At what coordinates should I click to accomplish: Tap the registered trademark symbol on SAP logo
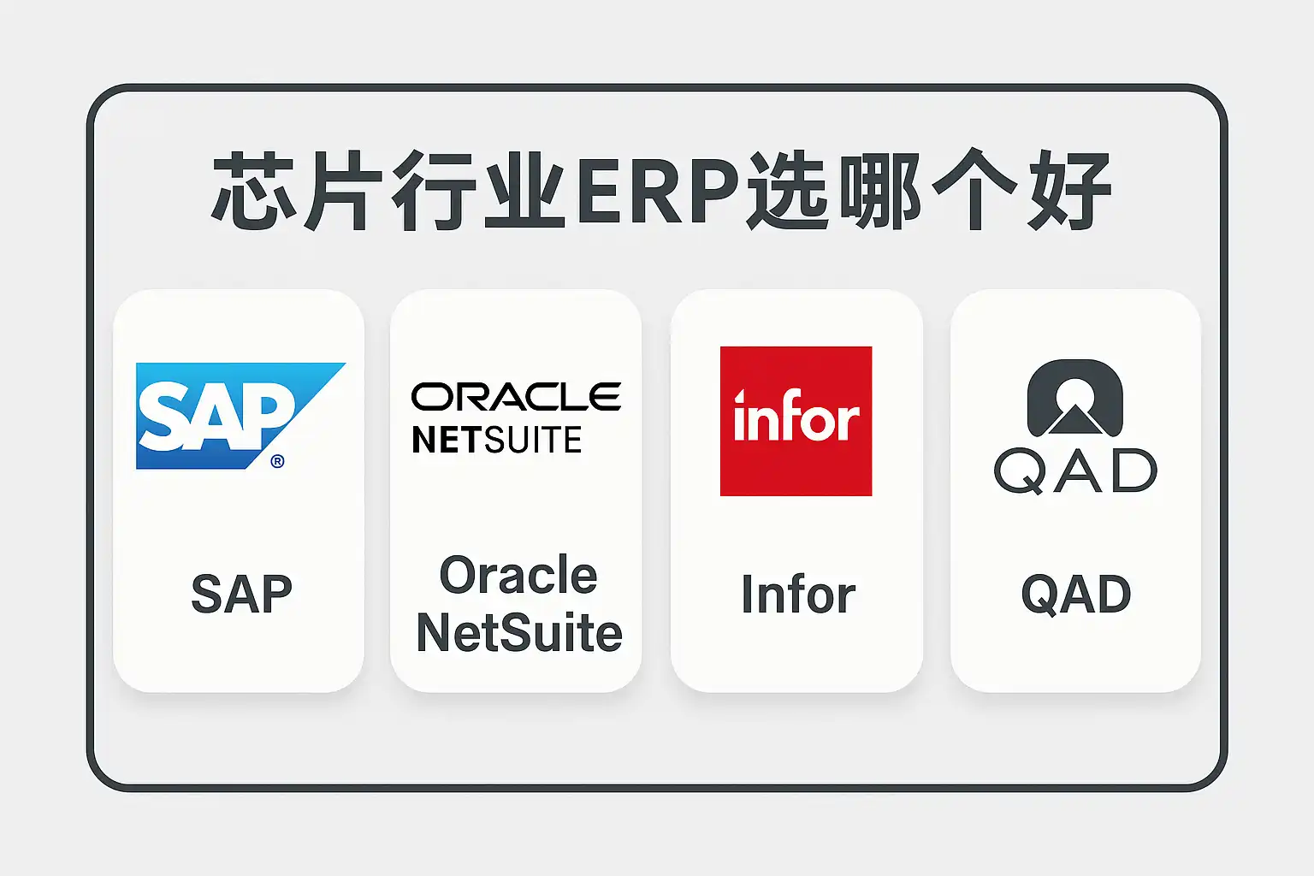coord(277,461)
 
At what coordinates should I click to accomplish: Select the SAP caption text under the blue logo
coord(242,594)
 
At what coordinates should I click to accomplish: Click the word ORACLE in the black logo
coord(516,397)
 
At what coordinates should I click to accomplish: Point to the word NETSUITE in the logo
coord(497,440)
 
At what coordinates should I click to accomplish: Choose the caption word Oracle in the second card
coord(518,574)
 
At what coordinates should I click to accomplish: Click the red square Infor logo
coord(796,421)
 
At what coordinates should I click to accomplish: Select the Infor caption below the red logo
coord(798,594)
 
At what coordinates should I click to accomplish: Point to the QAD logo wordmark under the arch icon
coord(1075,471)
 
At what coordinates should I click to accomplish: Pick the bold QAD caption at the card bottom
coord(1076,595)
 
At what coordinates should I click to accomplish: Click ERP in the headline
coord(658,190)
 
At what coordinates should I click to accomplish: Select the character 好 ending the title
coord(1068,190)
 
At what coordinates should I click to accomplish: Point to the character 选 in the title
coord(788,190)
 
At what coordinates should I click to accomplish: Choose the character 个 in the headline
coord(974,190)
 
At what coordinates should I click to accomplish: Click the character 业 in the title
coord(524,190)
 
